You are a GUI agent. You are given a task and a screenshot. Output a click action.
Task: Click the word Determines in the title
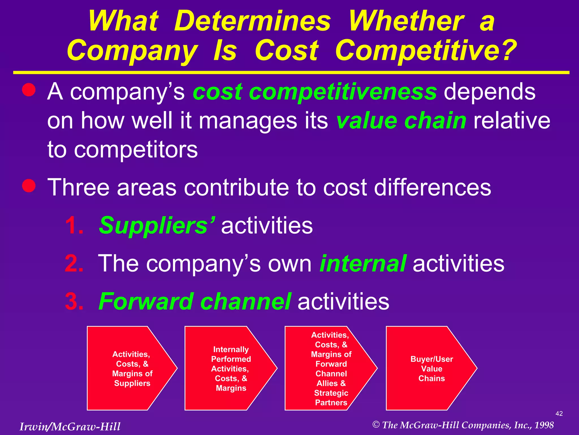click(252, 21)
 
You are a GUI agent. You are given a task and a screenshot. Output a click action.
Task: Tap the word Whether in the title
click(406, 21)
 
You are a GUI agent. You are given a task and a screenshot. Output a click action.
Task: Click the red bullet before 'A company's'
click(29, 90)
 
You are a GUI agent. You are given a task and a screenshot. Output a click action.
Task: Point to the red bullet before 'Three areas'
click(29, 186)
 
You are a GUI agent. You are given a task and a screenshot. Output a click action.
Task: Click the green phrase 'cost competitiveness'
click(315, 92)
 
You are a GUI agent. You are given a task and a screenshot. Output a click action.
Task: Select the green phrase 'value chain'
click(401, 121)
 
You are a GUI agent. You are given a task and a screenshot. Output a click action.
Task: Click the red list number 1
click(74, 226)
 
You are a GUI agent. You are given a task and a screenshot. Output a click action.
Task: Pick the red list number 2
click(74, 263)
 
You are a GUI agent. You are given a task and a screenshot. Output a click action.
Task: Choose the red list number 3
click(74, 301)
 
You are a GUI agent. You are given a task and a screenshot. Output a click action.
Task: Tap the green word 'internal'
click(363, 263)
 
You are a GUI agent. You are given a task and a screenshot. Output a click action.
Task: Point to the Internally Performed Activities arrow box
click(231, 368)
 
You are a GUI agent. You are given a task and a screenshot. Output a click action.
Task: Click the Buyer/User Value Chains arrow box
click(431, 368)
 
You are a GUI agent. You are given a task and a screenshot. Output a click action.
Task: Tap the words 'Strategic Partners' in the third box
click(331, 398)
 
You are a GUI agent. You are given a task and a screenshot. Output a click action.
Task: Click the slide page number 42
click(559, 413)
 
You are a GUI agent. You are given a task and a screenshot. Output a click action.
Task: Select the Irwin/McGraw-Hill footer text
click(70, 427)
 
